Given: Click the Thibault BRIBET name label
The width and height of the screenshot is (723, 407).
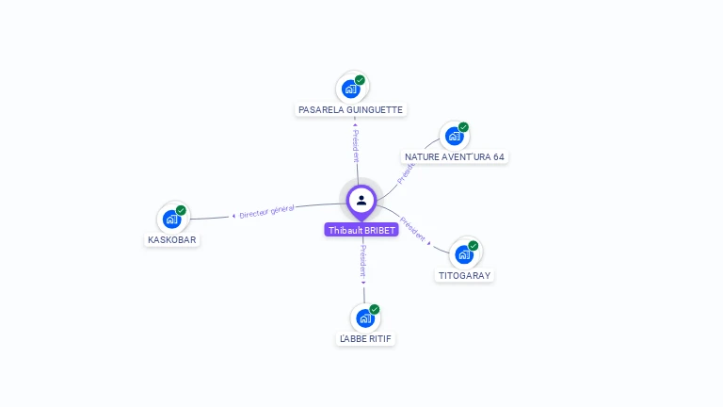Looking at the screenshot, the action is pyautogui.click(x=361, y=230).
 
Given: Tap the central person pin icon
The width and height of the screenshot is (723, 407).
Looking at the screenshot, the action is pyautogui.click(x=361, y=202).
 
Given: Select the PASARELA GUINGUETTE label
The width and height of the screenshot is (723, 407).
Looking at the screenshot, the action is pyautogui.click(x=350, y=110).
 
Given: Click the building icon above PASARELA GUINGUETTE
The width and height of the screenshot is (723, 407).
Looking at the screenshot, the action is pyautogui.click(x=351, y=89).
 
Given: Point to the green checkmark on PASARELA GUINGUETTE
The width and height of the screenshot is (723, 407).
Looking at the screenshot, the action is pyautogui.click(x=360, y=80).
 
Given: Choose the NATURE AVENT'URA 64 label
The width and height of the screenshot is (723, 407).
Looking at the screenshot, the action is pyautogui.click(x=454, y=157).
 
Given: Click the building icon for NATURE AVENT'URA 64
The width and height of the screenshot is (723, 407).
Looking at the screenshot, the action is pyautogui.click(x=454, y=136).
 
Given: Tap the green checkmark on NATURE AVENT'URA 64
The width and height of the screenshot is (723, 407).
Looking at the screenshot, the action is pyautogui.click(x=463, y=127).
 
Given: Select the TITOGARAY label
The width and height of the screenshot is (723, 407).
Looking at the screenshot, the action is pyautogui.click(x=464, y=275).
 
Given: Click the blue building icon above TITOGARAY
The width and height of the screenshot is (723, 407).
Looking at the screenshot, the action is pyautogui.click(x=464, y=254).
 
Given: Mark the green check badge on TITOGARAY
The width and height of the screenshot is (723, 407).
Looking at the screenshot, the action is pyautogui.click(x=474, y=246).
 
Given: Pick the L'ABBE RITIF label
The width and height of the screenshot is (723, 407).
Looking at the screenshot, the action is pyautogui.click(x=365, y=339).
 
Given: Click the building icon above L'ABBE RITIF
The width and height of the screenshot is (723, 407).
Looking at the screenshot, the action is pyautogui.click(x=365, y=317).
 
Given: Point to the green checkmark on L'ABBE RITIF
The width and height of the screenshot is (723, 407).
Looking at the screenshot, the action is pyautogui.click(x=375, y=309).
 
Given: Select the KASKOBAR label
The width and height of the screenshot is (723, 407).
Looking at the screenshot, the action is pyautogui.click(x=172, y=240).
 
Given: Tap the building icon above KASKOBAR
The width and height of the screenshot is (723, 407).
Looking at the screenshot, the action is pyautogui.click(x=172, y=220).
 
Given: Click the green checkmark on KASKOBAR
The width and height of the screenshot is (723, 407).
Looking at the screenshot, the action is pyautogui.click(x=181, y=210).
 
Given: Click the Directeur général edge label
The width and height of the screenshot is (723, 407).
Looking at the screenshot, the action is pyautogui.click(x=266, y=211).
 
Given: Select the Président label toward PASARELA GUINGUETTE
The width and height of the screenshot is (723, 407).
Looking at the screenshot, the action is pyautogui.click(x=356, y=145).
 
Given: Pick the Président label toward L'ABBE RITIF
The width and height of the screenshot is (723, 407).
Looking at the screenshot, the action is pyautogui.click(x=363, y=261).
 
